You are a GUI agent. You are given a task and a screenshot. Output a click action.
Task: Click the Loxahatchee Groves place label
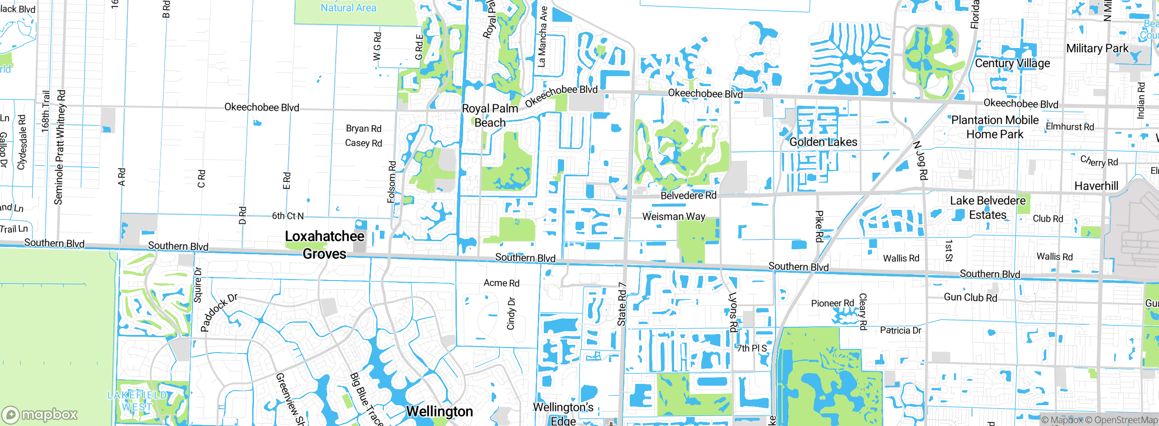point(324,245)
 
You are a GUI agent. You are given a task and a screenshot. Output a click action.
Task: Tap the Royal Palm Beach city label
point(490,116)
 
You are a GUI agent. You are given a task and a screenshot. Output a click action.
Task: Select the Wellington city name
point(439,411)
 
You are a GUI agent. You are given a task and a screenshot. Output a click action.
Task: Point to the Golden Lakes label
point(823,142)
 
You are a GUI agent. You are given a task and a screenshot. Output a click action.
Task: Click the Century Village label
point(1012,63)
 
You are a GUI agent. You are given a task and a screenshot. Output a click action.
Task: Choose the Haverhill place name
point(1096,186)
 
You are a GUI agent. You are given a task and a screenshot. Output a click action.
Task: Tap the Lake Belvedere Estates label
point(987,208)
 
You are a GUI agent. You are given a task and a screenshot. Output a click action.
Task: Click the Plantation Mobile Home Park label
point(995,127)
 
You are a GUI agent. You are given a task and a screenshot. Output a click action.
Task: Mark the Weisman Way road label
point(674,216)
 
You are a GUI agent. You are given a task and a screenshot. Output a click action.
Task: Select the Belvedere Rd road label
point(688,195)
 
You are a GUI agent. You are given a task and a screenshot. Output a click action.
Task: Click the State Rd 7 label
point(622,304)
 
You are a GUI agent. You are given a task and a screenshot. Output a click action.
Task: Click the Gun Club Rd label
point(970,297)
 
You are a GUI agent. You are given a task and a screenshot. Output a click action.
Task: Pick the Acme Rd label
point(501,283)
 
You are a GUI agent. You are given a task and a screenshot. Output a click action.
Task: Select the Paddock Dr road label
point(218,312)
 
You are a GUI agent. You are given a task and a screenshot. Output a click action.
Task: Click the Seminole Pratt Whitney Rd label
point(60,147)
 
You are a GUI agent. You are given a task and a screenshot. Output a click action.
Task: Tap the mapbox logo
point(40,414)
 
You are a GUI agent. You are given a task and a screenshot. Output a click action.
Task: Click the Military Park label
point(1097,48)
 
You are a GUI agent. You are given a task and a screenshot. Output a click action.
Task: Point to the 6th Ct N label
point(287,216)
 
